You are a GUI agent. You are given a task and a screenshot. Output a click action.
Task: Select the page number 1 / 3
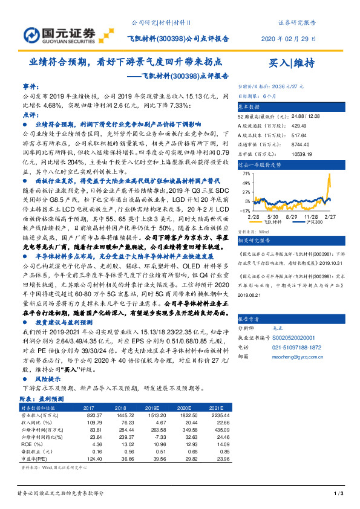point(339,494)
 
